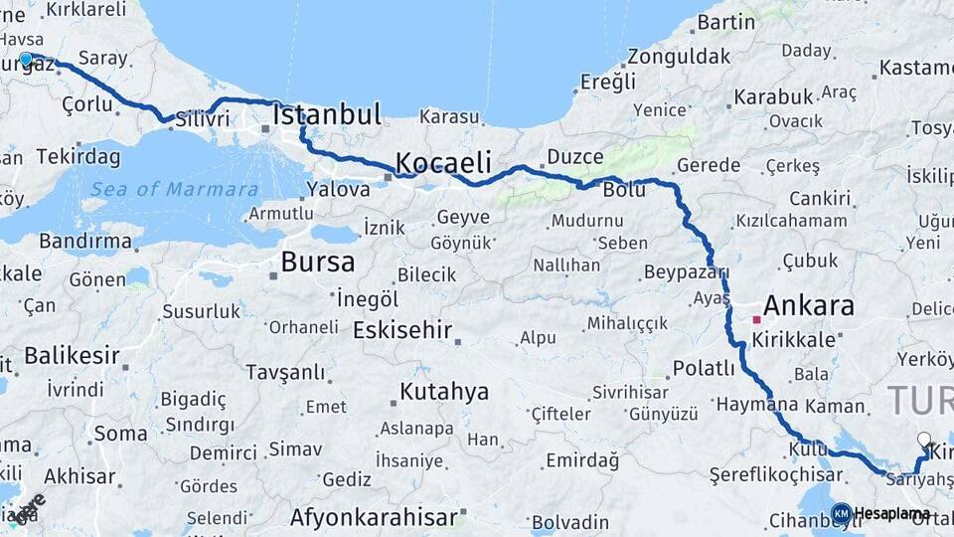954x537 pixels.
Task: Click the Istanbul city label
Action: point(328,114)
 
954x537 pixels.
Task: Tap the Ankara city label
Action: point(810,305)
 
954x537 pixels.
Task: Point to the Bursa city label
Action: point(318,263)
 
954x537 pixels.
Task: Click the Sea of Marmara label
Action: point(174,189)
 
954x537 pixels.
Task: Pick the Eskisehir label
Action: point(402,330)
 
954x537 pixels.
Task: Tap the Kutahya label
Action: point(444,391)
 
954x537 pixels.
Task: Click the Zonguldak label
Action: point(679,56)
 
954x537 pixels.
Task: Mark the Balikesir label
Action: point(72,355)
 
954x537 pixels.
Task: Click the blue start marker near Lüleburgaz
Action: point(26,60)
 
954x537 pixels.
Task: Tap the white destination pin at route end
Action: point(924,440)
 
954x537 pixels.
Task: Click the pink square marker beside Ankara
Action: point(757,319)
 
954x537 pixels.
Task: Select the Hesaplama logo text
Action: point(891,513)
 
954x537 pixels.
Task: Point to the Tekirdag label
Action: point(79,157)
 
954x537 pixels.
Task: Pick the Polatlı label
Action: point(703,369)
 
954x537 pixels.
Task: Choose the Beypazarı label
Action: point(687,271)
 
